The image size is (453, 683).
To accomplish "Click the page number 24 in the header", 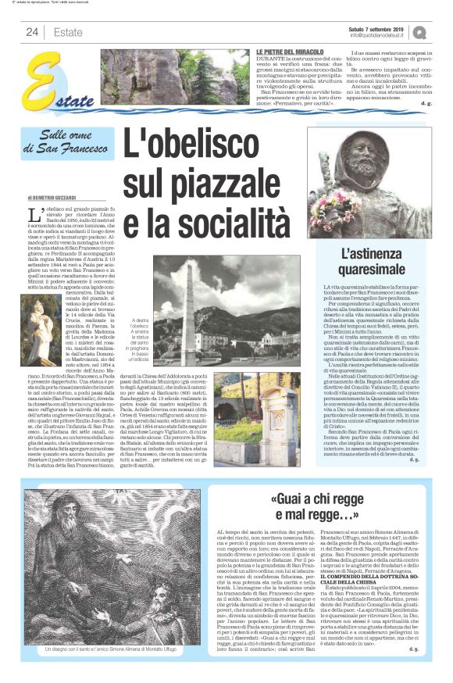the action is tap(32, 32).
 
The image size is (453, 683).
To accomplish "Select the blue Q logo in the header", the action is tap(420, 32).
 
